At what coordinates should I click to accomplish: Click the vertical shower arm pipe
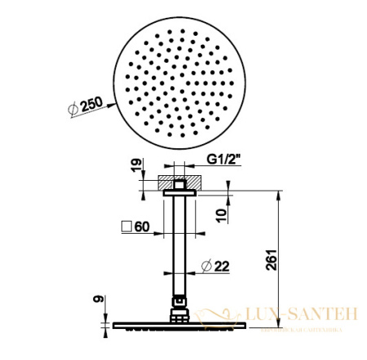click(180, 244)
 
